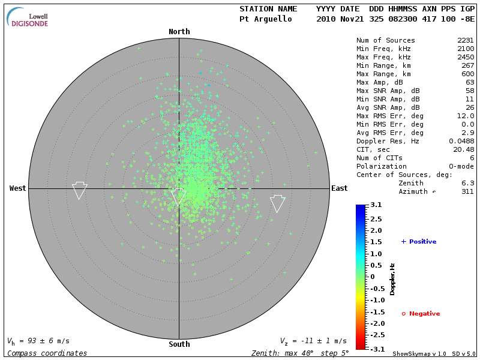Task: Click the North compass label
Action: (x=179, y=32)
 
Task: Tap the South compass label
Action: (x=179, y=344)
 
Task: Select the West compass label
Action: (x=18, y=188)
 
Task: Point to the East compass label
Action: (x=339, y=188)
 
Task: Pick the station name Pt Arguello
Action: (x=265, y=19)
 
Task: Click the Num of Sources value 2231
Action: (x=465, y=40)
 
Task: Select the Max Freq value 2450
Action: (x=465, y=57)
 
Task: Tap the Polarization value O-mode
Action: (x=460, y=166)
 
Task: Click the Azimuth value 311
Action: (x=467, y=191)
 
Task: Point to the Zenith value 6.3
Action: (x=467, y=183)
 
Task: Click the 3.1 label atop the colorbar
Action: (x=376, y=205)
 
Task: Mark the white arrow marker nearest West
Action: (x=80, y=191)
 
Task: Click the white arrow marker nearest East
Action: (x=277, y=204)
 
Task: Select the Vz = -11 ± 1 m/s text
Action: (x=313, y=341)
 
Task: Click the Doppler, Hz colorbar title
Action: (x=392, y=279)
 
